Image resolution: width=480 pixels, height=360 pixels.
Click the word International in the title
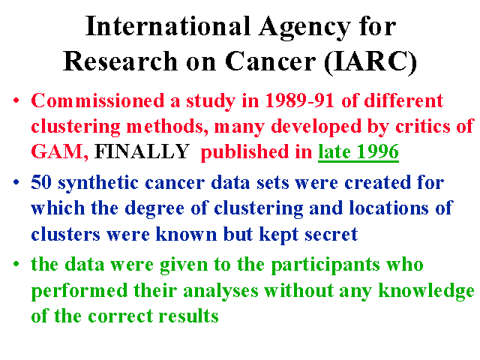pyautogui.click(x=168, y=26)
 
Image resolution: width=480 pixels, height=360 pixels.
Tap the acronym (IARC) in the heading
pyautogui.click(x=370, y=61)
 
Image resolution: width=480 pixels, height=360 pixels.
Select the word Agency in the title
pyautogui.click(x=304, y=28)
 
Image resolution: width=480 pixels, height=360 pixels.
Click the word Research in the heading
pyautogui.click(x=120, y=61)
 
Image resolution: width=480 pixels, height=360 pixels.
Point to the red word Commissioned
pyautogui.click(x=97, y=100)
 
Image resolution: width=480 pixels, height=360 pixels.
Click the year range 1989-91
pyautogui.click(x=299, y=100)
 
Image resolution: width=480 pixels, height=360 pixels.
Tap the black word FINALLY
pyautogui.click(x=142, y=151)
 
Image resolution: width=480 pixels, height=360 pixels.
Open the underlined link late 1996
pyautogui.click(x=358, y=151)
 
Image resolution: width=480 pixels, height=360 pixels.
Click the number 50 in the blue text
pyautogui.click(x=41, y=182)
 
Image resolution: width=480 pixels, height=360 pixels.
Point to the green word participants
pyautogui.click(x=325, y=265)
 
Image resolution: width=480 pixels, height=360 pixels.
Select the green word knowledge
pyautogui.click(x=427, y=292)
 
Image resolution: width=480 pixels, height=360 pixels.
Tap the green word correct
pyautogui.click(x=120, y=316)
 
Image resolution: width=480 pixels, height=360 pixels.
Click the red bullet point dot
pyautogui.click(x=16, y=100)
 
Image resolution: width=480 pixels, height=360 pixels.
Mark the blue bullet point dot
pyautogui.click(x=16, y=183)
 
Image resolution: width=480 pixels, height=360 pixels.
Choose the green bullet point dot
pyautogui.click(x=16, y=264)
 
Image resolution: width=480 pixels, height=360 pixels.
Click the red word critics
pyautogui.click(x=423, y=126)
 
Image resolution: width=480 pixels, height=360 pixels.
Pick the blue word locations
pyautogui.click(x=388, y=208)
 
